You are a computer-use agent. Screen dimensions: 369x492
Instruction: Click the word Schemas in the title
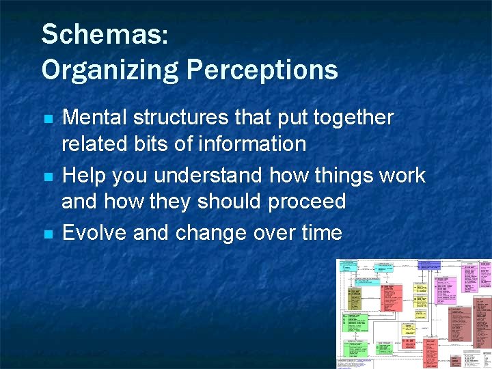coord(102,34)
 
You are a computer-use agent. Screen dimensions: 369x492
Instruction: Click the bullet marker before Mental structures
coord(48,119)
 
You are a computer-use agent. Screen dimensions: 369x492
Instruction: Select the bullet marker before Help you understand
coord(48,177)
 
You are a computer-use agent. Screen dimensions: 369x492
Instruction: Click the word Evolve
coord(94,233)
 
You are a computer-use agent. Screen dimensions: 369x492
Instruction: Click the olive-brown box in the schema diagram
coord(354,299)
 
